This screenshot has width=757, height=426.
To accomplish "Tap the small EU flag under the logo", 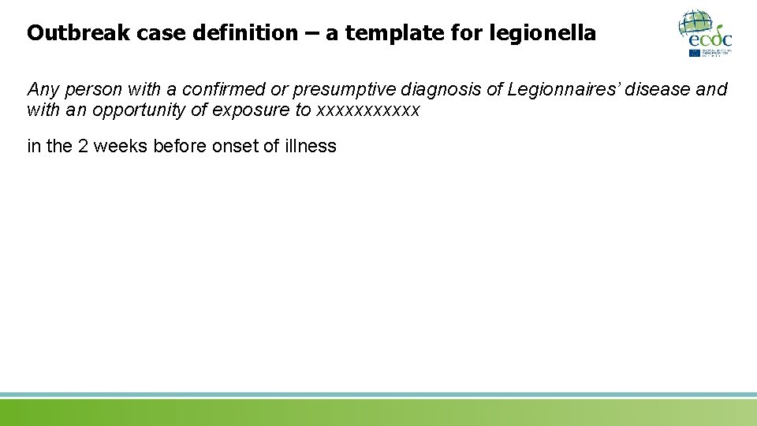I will click(695, 53).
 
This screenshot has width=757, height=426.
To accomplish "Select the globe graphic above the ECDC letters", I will click(697, 21).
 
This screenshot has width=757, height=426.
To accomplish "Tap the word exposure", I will click(251, 110).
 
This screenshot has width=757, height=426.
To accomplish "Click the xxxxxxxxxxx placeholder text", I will click(367, 110).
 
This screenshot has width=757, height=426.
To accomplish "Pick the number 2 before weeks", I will click(83, 146).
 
